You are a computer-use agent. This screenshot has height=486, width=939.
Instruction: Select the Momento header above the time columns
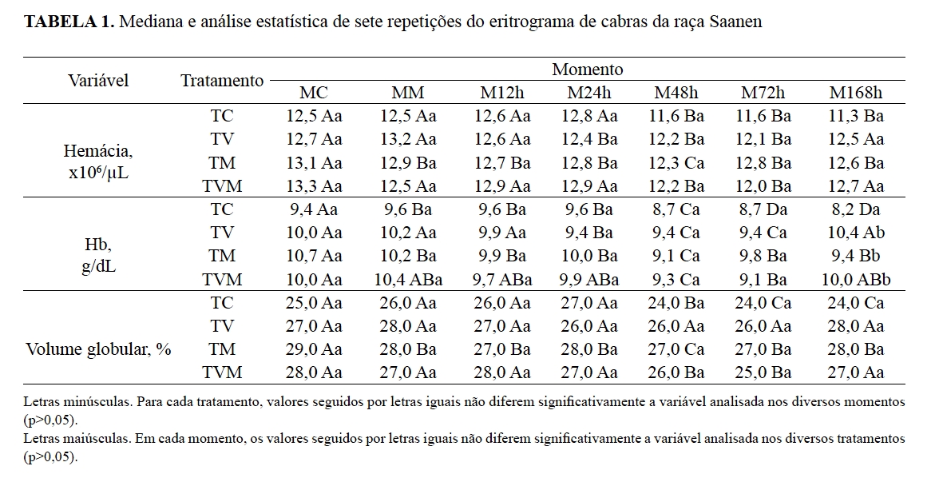(x=588, y=70)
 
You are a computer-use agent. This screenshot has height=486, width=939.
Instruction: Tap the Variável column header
(x=98, y=81)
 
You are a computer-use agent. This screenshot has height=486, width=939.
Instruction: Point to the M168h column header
(x=856, y=92)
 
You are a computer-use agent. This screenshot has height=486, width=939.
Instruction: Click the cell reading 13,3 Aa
(x=314, y=187)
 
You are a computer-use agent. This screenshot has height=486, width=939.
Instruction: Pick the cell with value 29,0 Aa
(x=314, y=350)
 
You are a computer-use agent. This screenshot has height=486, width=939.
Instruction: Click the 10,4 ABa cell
(x=408, y=280)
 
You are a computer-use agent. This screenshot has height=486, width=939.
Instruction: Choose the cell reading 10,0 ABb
(x=856, y=280)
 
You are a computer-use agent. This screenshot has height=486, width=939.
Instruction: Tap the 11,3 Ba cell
(x=856, y=116)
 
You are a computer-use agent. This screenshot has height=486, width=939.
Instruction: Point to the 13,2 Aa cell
(x=408, y=140)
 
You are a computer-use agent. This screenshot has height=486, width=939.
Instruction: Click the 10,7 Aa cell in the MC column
(x=314, y=257)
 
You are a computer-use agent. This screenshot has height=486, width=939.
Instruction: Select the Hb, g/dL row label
(x=99, y=257)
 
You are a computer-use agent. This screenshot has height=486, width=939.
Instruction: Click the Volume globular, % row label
(x=99, y=350)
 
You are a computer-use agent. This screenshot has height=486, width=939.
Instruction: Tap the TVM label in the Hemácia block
(x=222, y=187)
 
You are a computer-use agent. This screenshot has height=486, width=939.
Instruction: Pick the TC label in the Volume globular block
(x=222, y=303)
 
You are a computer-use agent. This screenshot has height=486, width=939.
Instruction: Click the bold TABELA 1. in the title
(x=69, y=22)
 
